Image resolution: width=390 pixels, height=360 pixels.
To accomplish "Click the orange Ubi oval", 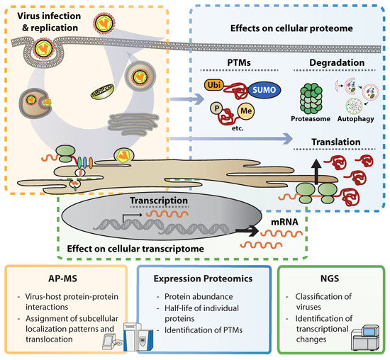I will pyautogui.click(x=216, y=84).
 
